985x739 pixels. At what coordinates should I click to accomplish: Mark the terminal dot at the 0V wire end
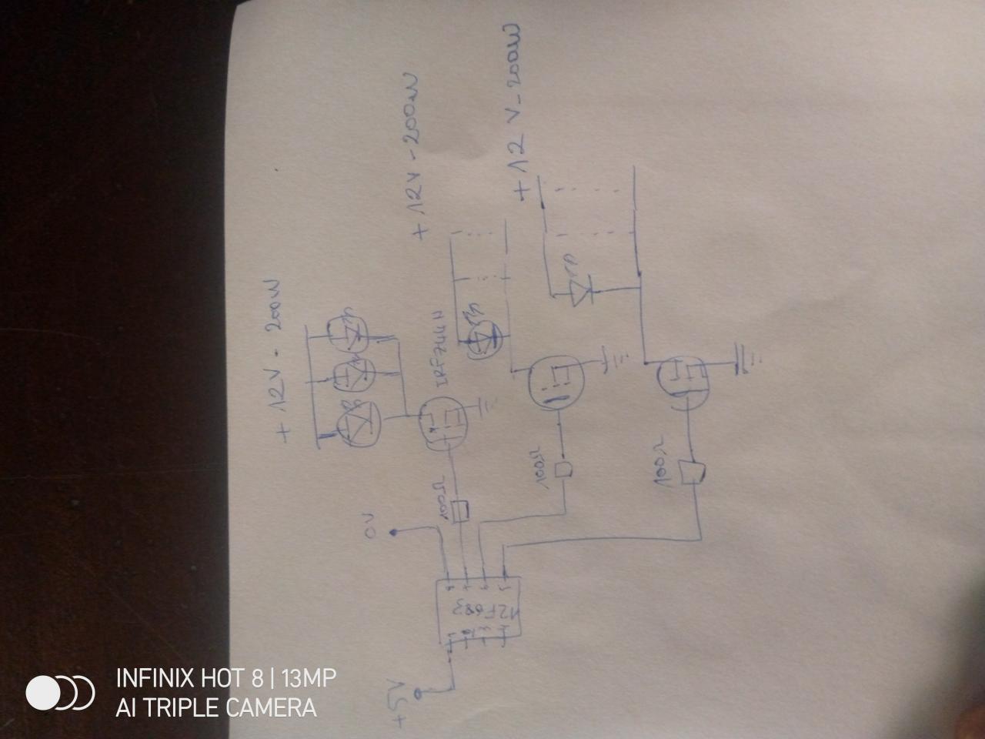click(394, 533)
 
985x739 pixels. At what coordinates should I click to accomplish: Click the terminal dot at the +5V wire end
click(418, 694)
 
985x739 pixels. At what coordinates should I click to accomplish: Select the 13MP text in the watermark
click(308, 678)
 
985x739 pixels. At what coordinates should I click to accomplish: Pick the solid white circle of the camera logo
click(43, 693)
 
